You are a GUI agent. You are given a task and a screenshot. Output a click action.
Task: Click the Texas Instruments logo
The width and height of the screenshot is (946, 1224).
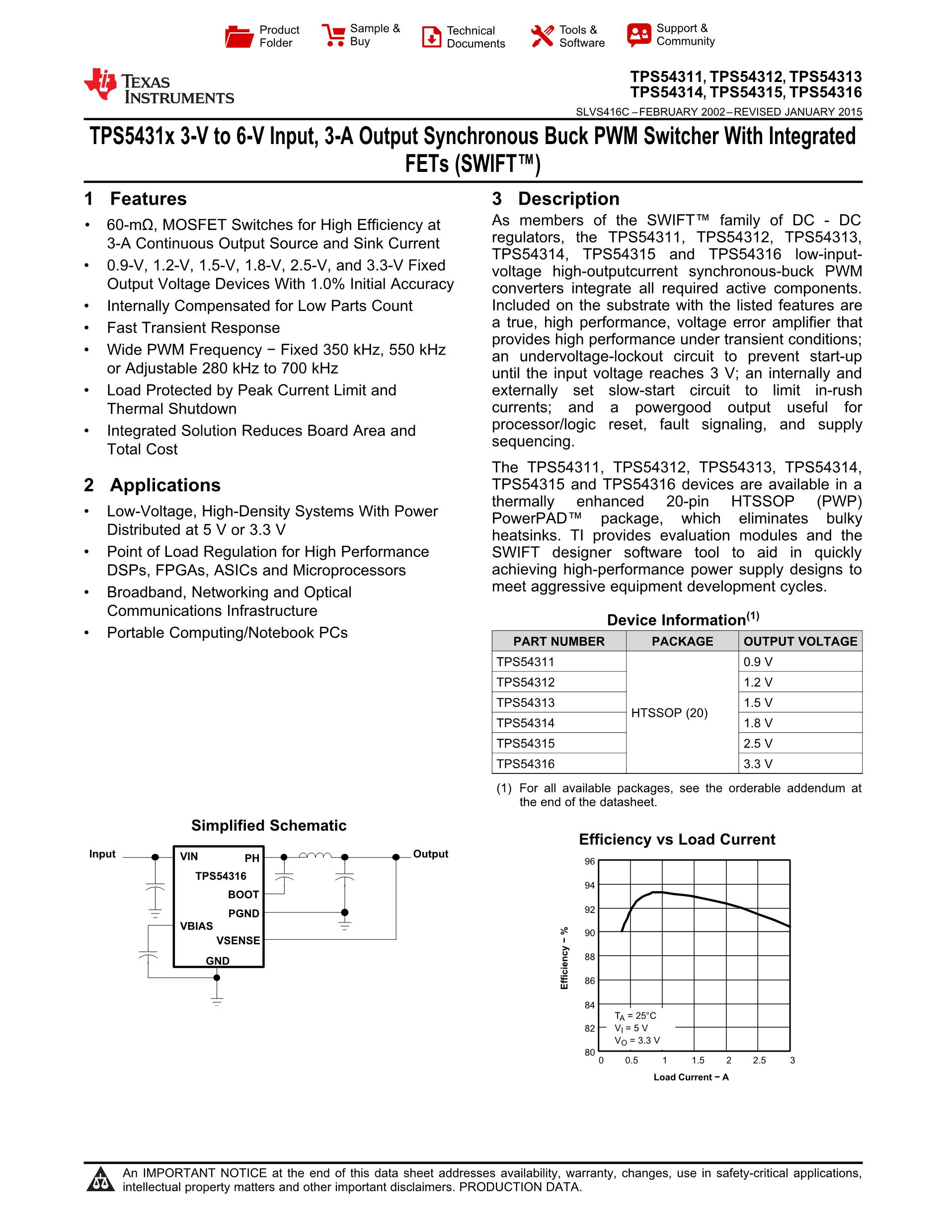[158, 87]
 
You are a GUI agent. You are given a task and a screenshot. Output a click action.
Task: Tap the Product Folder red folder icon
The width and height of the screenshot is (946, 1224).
[239, 36]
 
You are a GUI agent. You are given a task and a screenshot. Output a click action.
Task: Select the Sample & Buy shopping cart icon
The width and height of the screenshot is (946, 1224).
[333, 35]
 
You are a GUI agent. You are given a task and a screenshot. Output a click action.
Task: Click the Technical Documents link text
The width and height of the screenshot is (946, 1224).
[475, 37]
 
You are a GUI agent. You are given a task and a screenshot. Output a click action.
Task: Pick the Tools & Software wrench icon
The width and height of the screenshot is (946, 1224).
[542, 36]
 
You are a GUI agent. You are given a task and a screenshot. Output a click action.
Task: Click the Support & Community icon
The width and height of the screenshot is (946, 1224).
[639, 35]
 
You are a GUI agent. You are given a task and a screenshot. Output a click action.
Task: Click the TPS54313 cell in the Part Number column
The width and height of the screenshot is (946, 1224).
[525, 702]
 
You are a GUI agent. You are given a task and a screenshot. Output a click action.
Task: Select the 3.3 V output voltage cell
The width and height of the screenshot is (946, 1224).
[758, 764]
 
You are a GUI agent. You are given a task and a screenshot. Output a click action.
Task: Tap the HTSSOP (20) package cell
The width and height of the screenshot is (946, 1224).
[669, 713]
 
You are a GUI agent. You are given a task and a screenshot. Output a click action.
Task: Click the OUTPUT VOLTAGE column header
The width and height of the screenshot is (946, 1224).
[800, 641]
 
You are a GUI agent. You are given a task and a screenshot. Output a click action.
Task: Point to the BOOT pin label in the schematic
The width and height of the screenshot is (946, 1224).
[243, 895]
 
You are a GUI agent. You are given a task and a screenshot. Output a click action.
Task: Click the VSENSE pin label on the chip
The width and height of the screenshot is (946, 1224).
[238, 940]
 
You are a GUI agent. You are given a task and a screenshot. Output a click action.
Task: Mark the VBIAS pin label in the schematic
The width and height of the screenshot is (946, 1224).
[196, 926]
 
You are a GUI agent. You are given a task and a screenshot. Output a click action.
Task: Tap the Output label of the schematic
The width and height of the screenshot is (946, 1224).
[430, 854]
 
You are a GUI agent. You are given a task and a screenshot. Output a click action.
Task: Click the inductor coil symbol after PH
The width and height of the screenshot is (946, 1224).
[315, 855]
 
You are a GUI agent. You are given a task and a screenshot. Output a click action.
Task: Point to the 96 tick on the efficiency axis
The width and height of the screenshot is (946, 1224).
[590, 861]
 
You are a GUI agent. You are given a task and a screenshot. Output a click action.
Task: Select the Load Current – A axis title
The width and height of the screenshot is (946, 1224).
[691, 1077]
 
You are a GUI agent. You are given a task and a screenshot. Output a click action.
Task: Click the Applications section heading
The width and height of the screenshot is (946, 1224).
[165, 485]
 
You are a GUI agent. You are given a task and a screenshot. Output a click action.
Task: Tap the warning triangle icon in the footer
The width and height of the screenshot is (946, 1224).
[101, 1179]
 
